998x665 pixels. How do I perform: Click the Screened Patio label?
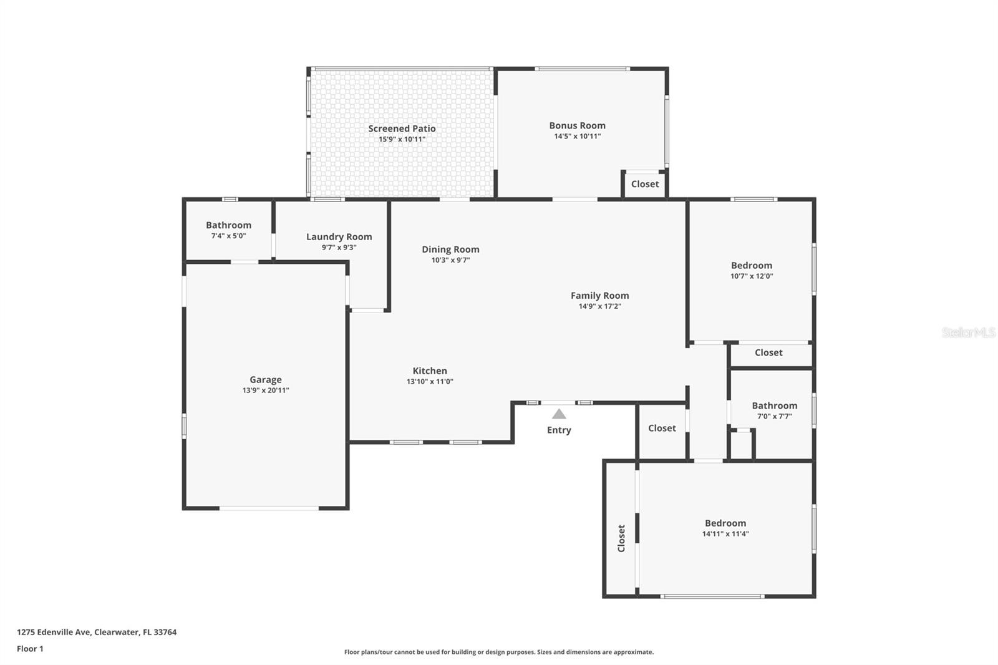tap(402, 129)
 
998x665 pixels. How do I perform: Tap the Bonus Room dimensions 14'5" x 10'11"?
tap(577, 136)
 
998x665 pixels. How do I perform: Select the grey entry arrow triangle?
tap(559, 414)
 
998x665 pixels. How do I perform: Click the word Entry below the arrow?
tap(559, 430)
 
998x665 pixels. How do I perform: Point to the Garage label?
tap(266, 379)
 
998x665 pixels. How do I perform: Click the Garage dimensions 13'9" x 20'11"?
tap(266, 391)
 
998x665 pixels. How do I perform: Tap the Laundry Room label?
tap(339, 236)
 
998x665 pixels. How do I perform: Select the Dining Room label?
tap(450, 249)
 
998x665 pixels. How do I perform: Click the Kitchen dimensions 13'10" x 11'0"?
tap(430, 382)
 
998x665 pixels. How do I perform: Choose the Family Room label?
tap(599, 295)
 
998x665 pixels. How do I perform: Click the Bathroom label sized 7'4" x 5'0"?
tap(228, 225)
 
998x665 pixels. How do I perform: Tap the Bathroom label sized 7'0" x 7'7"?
tap(774, 405)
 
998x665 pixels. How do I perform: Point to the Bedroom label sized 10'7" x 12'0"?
tap(751, 265)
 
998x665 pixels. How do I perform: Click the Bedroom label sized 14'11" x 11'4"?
tap(725, 523)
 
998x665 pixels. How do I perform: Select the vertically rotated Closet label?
tap(621, 538)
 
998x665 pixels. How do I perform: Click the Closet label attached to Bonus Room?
tap(644, 184)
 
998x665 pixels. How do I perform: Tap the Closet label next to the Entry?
tap(662, 428)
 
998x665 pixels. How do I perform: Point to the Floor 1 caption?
tap(30, 649)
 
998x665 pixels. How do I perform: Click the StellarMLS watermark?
tap(968, 332)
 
